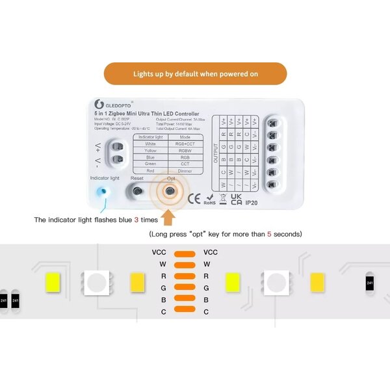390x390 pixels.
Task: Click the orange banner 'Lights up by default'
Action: (x=195, y=73)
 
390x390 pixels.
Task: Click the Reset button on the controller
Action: (x=137, y=191)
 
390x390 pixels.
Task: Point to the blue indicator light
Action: (x=101, y=192)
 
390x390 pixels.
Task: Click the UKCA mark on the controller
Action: (x=237, y=198)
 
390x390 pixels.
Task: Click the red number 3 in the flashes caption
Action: (x=136, y=220)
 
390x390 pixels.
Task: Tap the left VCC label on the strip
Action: (x=159, y=252)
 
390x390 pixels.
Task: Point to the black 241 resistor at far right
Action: (x=370, y=283)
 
